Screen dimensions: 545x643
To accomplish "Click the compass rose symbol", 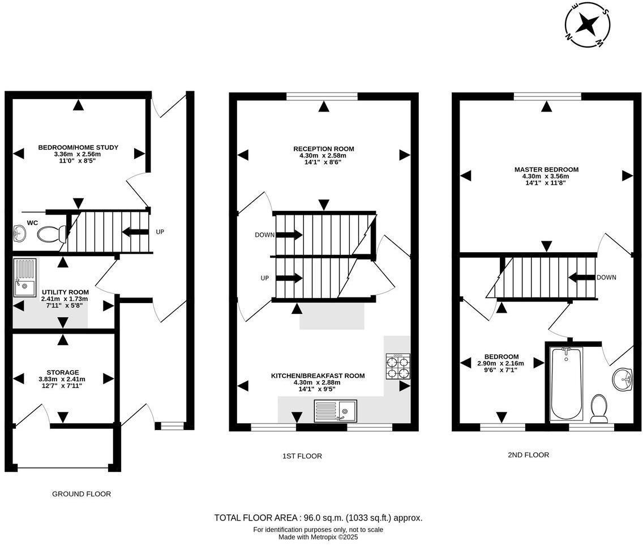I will click(588, 25).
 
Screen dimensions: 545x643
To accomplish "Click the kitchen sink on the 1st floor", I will click(334, 410).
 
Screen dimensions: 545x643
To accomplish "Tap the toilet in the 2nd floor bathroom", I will click(598, 408).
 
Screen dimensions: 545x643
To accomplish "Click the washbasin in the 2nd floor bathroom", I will click(624, 378).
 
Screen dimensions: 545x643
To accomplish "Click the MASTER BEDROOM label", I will click(546, 169).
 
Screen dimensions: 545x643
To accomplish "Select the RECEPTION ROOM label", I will click(323, 149).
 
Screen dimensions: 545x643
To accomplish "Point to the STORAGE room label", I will click(62, 372).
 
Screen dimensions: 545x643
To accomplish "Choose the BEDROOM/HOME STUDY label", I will click(78, 147).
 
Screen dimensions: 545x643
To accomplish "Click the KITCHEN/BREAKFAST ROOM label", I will click(318, 376).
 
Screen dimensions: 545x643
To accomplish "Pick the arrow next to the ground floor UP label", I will click(135, 232).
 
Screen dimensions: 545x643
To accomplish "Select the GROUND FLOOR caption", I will click(82, 494).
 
